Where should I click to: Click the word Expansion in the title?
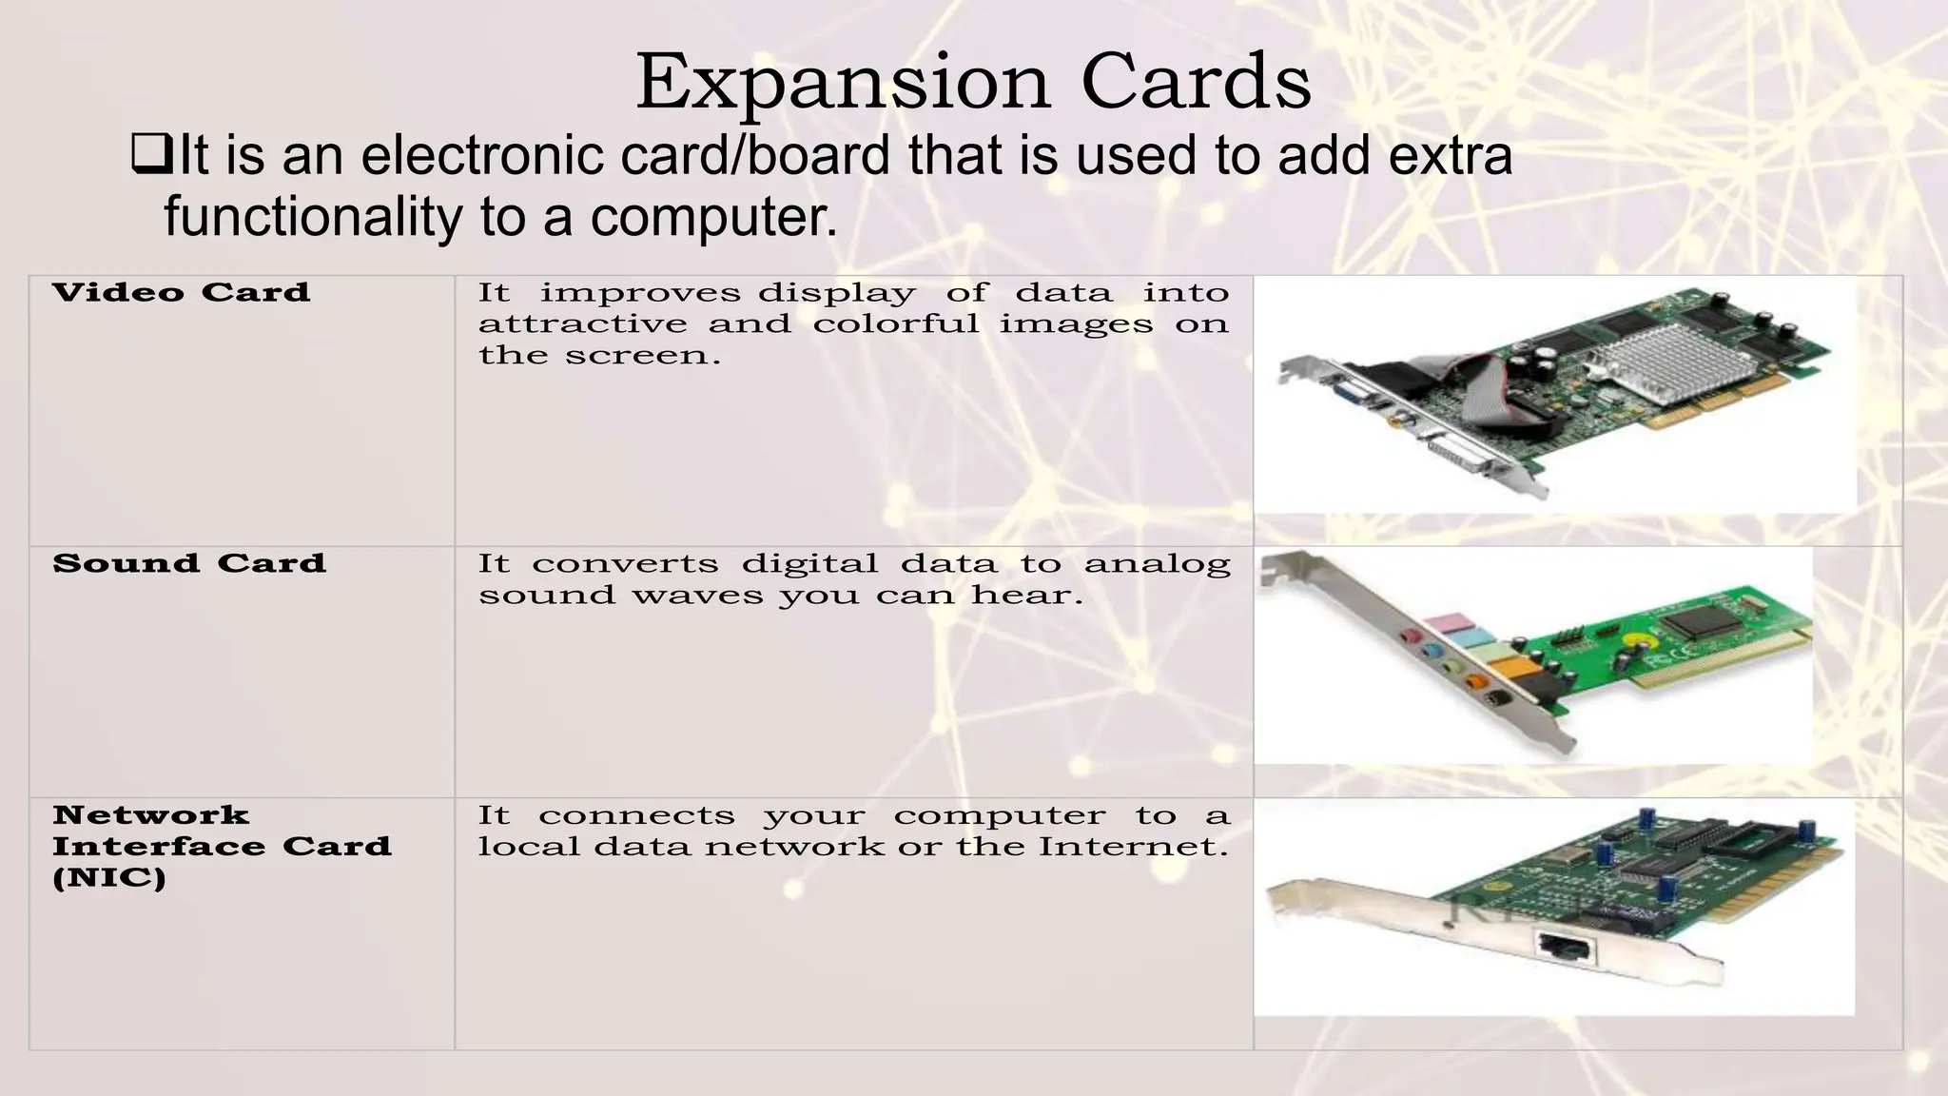point(843,84)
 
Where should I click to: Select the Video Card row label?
point(182,292)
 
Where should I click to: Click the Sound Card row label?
point(189,563)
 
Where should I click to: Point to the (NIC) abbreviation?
point(109,877)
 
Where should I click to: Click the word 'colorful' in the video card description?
point(896,324)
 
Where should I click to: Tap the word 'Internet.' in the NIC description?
point(1132,847)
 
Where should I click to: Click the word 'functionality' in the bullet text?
point(312,216)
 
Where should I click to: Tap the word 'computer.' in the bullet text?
point(714,216)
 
